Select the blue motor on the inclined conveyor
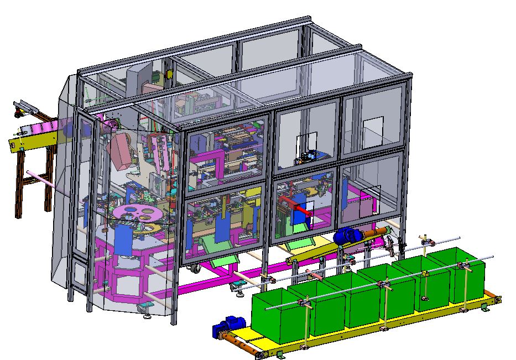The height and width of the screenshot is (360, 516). [347, 236]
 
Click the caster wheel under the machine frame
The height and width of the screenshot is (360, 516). [196, 269]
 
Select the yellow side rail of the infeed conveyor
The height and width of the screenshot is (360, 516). [33, 138]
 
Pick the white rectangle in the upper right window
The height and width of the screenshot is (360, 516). [371, 127]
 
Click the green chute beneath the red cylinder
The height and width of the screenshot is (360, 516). [298, 244]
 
